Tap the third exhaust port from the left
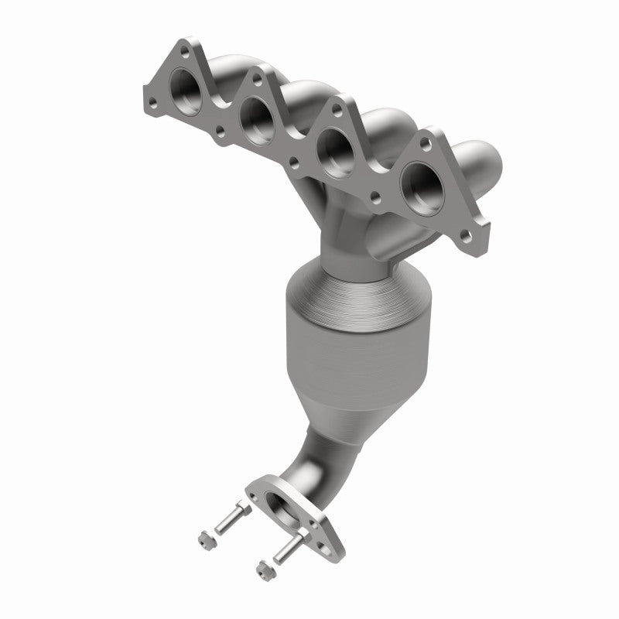(x=333, y=147)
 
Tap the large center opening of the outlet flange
(x=294, y=514)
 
